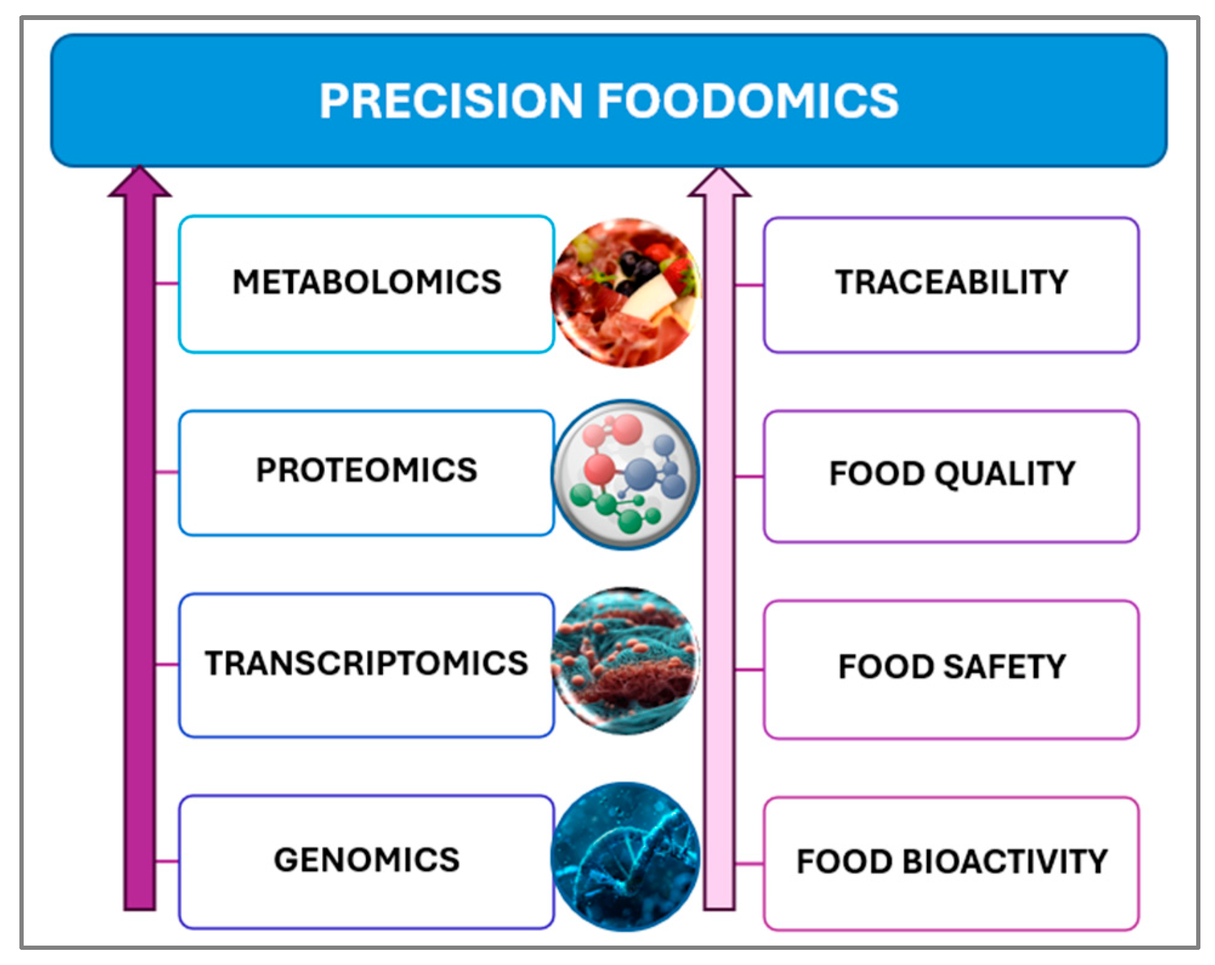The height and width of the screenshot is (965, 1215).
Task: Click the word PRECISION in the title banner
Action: [451, 101]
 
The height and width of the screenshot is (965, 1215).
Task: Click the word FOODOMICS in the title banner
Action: [748, 101]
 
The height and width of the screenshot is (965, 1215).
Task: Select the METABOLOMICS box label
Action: [367, 282]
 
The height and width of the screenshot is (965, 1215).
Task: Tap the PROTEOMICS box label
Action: [367, 470]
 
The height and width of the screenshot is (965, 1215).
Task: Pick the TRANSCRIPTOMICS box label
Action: [367, 663]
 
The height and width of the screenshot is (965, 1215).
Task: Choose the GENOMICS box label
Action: [367, 860]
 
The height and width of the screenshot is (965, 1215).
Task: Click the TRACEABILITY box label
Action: [952, 282]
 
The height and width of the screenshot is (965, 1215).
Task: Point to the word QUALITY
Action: [1005, 474]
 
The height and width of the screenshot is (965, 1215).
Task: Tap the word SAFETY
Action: [1004, 666]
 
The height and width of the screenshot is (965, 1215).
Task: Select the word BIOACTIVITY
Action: [1005, 862]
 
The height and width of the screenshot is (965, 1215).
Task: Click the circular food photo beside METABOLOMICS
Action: [626, 293]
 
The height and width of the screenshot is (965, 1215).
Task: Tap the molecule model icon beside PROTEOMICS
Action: [626, 475]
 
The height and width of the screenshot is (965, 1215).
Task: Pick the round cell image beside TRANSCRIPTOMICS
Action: [626, 662]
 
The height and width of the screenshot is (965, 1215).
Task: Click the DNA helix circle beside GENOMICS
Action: [626, 857]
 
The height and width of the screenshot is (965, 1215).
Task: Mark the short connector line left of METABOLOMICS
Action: [168, 283]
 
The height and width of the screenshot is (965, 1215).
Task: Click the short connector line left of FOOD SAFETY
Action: [750, 670]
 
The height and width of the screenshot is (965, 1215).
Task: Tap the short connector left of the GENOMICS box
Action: [168, 861]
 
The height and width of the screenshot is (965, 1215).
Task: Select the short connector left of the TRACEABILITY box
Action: [750, 285]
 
